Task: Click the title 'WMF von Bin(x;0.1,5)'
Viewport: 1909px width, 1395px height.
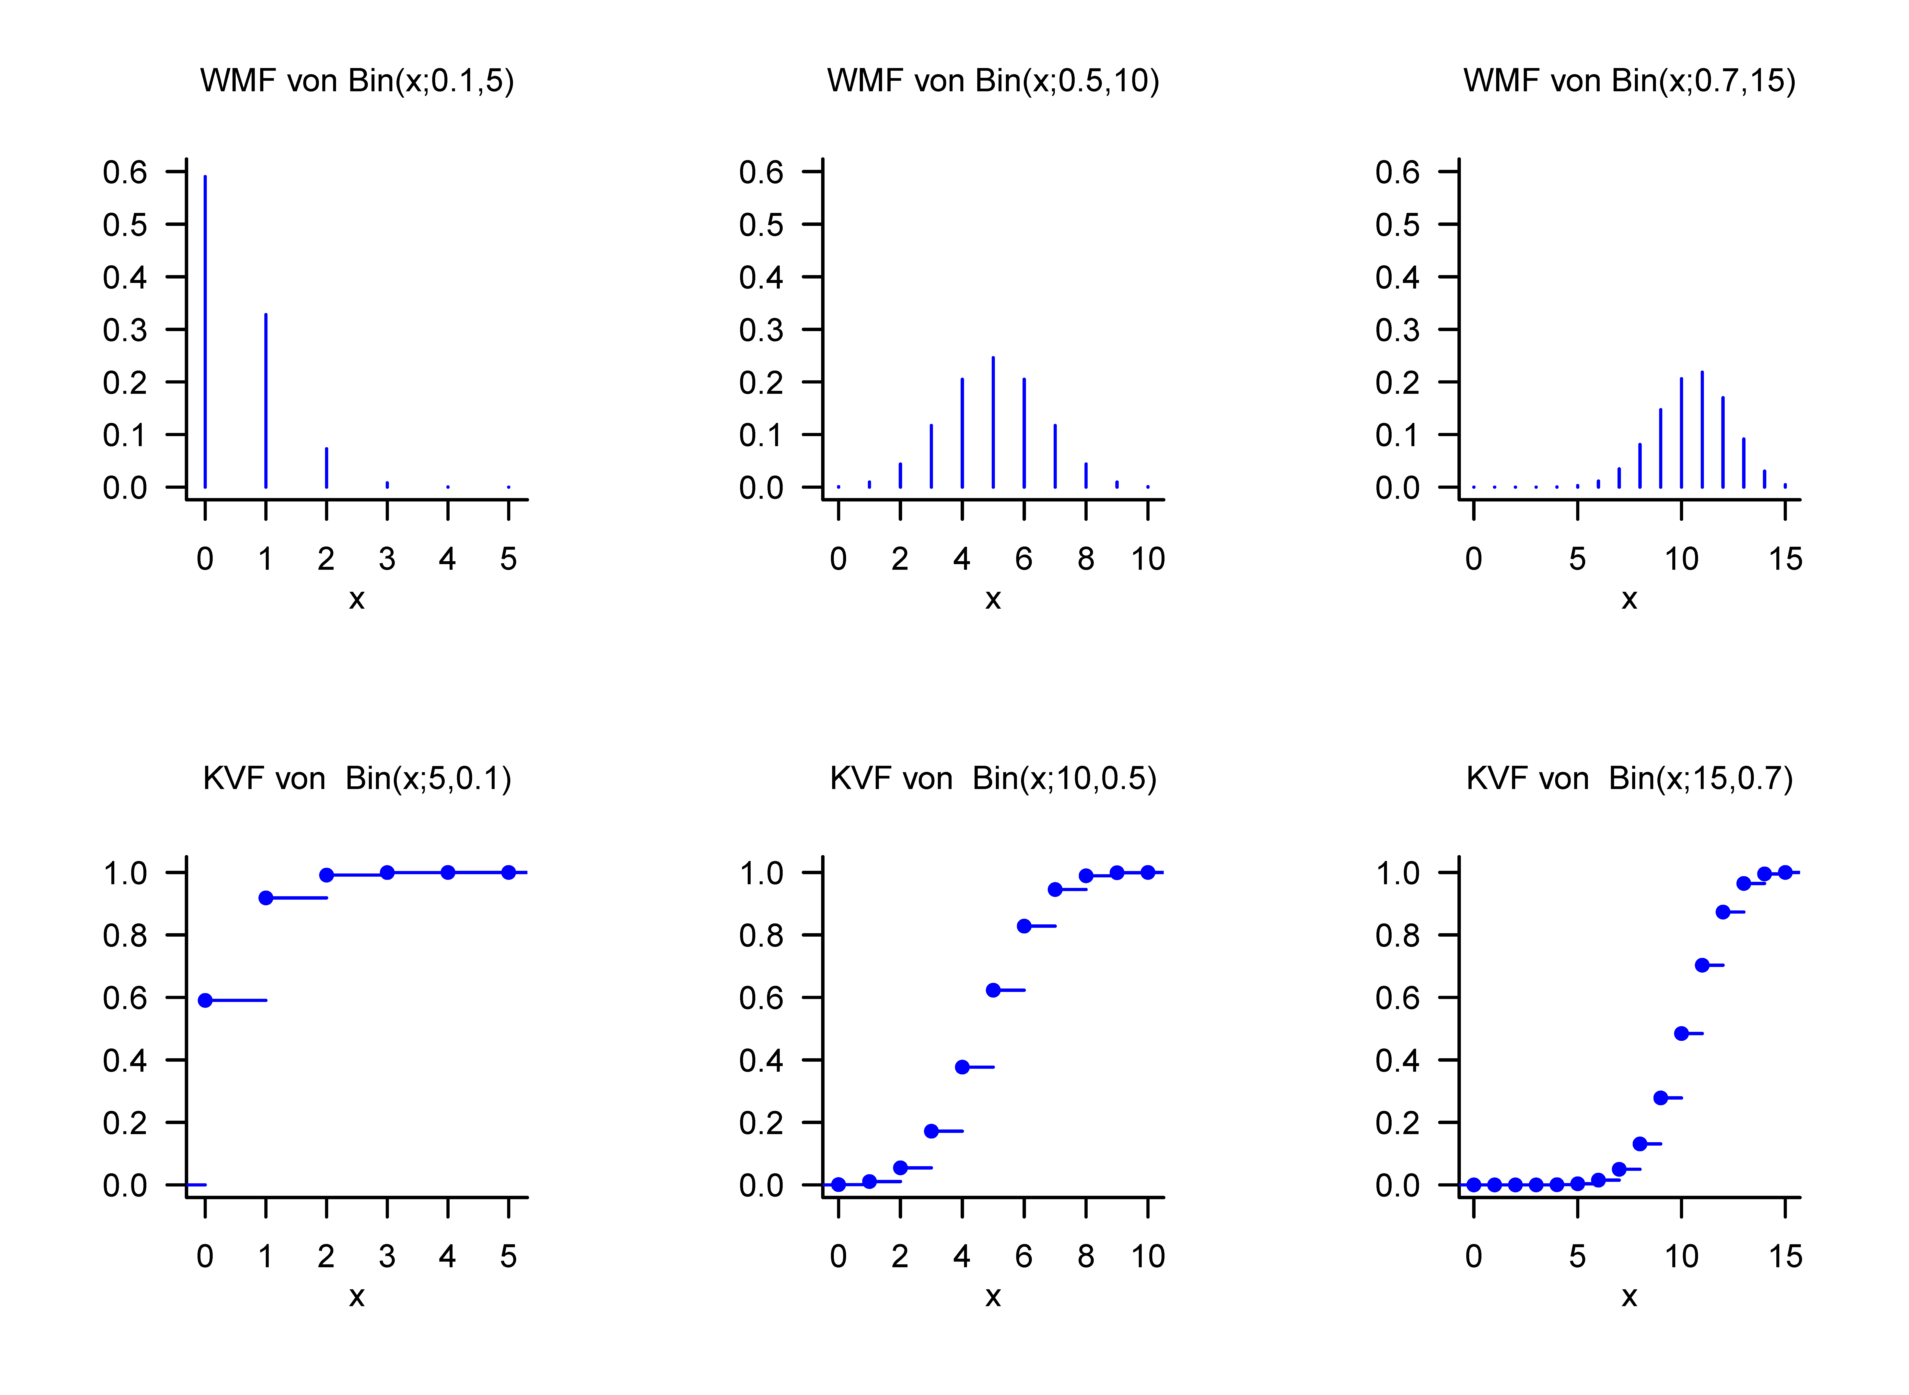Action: (356, 81)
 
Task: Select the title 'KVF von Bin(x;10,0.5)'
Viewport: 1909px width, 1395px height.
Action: (993, 779)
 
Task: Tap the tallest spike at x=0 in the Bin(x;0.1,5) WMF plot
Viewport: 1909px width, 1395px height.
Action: (205, 329)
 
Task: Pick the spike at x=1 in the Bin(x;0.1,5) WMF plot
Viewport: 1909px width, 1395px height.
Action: (266, 401)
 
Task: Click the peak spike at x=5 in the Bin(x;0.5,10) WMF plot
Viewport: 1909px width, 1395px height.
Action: (993, 422)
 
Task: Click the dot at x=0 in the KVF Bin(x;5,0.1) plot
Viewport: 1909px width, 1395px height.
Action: (205, 1001)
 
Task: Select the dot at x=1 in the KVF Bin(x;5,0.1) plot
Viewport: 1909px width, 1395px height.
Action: (266, 898)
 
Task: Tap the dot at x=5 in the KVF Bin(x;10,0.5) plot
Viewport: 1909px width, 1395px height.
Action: (993, 990)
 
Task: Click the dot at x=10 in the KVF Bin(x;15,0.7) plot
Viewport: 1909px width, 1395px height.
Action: (1681, 1034)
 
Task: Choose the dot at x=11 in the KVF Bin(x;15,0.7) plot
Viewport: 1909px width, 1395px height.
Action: (1702, 965)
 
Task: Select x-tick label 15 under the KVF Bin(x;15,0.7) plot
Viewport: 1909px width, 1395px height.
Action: (1785, 1256)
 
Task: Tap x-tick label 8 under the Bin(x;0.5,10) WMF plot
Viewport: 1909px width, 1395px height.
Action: (1086, 559)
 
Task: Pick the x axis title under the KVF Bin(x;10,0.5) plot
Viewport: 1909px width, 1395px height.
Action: (993, 1297)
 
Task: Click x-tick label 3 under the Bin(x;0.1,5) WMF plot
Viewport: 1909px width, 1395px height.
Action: (387, 559)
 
